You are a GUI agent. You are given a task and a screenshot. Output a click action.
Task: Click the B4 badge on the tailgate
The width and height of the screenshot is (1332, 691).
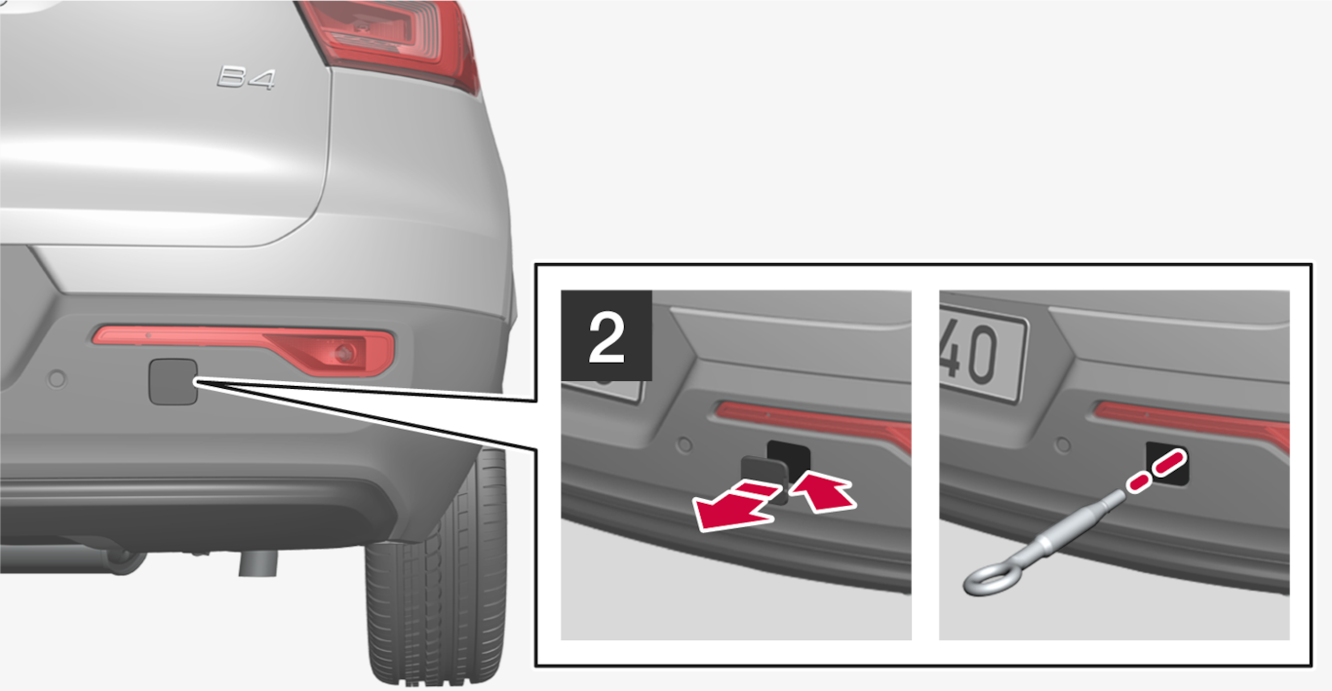coord(246,78)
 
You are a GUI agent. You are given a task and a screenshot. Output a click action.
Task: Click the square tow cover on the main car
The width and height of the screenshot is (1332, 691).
coord(173,382)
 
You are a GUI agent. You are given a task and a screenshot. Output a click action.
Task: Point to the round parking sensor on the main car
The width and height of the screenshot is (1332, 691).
coord(58,378)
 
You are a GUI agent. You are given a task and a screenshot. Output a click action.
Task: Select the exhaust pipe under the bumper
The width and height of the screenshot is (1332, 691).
coord(258,562)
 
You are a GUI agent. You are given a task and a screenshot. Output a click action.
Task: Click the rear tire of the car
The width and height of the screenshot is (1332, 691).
coord(438,570)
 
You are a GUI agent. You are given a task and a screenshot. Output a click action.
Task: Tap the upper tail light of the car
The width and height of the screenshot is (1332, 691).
coord(392,42)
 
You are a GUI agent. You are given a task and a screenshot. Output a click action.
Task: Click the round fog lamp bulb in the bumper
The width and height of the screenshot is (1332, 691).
coord(343,354)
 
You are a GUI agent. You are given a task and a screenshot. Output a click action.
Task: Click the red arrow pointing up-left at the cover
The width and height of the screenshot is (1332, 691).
coord(823,491)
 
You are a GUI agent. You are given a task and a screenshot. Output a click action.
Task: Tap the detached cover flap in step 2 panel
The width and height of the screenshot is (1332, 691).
coord(764,478)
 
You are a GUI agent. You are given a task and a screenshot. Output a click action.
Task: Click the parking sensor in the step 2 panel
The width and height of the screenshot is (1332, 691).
coord(685,443)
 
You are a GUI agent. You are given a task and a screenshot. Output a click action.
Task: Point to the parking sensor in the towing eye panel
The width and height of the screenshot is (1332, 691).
coord(1063,443)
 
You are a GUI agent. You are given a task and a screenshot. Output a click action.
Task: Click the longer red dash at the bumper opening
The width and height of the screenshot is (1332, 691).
coord(1170,463)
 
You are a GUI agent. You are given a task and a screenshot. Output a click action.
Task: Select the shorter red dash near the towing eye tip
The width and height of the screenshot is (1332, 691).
coord(1138,483)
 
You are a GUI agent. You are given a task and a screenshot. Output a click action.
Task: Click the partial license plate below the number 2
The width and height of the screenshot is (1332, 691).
coord(603,392)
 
